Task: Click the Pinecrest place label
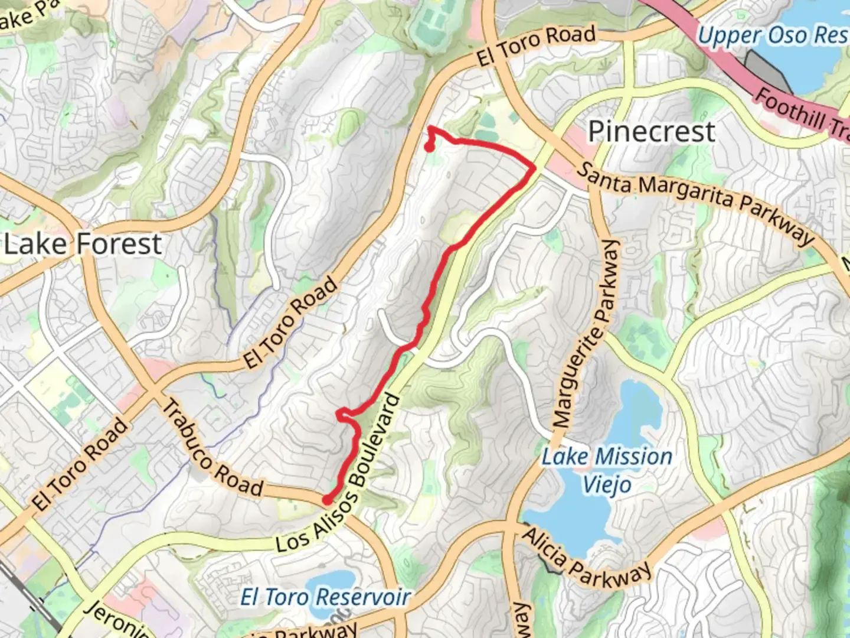click(x=651, y=131)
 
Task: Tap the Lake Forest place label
click(x=83, y=244)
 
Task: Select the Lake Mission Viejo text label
click(x=607, y=470)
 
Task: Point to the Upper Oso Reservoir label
click(x=772, y=35)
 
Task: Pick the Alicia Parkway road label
click(x=587, y=558)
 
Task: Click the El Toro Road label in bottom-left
click(x=80, y=464)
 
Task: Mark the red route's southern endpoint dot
click(x=326, y=500)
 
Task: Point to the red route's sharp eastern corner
click(x=534, y=168)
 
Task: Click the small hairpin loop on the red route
click(x=342, y=415)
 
